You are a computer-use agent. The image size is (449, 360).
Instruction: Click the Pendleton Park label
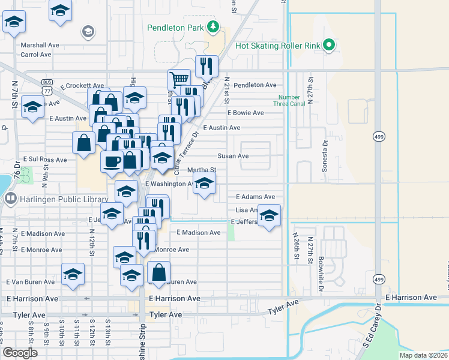click(176, 28)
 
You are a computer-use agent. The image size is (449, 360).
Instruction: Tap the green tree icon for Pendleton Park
click(212, 27)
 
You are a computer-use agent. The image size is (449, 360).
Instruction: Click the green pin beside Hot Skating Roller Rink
click(328, 45)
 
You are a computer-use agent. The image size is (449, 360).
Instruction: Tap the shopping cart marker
click(179, 79)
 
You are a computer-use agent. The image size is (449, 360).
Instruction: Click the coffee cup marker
click(112, 161)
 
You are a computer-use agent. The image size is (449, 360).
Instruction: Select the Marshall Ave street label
click(40, 45)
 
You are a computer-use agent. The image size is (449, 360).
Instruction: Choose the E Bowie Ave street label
click(246, 113)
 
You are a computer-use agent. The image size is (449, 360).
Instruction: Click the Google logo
click(20, 353)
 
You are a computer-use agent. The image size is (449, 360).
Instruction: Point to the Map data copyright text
click(423, 355)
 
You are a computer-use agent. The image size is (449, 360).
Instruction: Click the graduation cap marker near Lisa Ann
click(270, 215)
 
